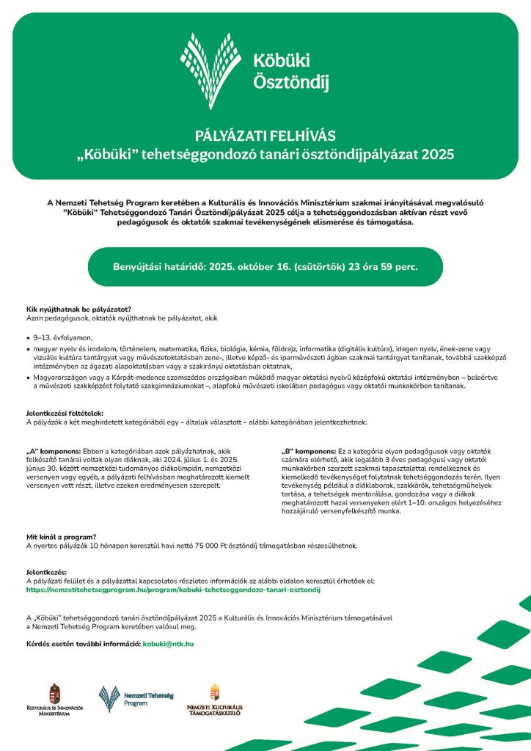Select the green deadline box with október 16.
click(265, 266)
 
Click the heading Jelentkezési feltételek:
click(66, 414)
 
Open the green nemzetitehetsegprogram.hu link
click(174, 589)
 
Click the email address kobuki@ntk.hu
click(168, 643)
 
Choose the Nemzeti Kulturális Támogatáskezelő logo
click(214, 700)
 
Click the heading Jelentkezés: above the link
click(45, 571)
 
